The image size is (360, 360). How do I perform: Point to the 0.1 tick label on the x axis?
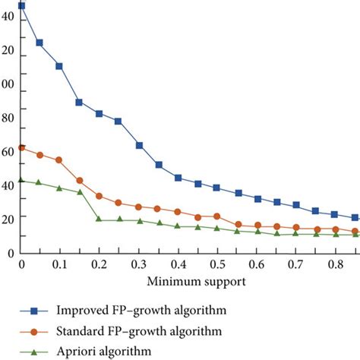coord(60,263)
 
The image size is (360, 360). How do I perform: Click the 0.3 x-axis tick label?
coord(138,263)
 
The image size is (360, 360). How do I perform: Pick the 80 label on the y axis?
coord(8,117)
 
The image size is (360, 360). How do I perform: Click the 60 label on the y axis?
coord(8,151)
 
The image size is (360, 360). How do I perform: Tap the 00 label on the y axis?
coord(8,84)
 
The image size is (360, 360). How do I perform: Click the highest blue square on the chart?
coord(21,6)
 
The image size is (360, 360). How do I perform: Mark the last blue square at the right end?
coord(355,218)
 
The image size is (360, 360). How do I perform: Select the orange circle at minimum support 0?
coord(21,147)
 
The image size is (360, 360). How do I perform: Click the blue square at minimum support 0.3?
coord(139,145)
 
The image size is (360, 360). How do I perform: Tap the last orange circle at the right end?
coord(355,231)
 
